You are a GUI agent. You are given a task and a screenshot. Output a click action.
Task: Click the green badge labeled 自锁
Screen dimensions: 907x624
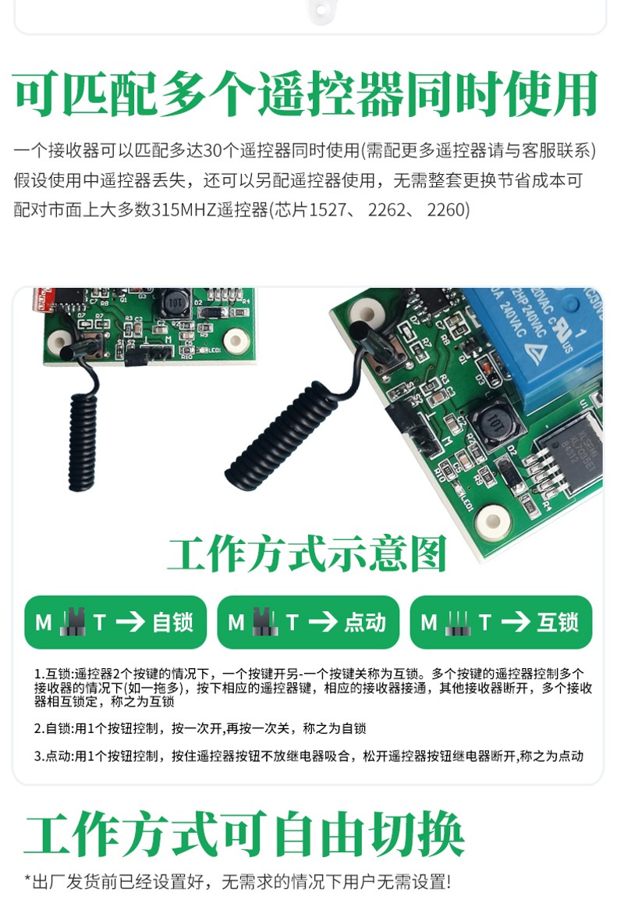[115, 622]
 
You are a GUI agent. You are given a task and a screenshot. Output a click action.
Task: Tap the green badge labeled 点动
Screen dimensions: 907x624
[308, 622]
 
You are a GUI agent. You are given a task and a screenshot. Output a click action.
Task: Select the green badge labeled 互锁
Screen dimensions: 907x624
[501, 622]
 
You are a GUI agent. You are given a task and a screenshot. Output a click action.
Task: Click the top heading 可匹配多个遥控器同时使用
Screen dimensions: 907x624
[306, 95]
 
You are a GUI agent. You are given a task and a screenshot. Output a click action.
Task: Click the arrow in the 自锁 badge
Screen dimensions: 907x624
[130, 622]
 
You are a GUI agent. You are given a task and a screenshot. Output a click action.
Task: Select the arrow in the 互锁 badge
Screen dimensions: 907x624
[516, 622]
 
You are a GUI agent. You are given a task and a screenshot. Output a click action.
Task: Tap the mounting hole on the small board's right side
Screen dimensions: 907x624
[235, 340]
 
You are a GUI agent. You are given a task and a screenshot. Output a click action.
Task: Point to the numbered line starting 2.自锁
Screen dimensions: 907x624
[200, 728]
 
